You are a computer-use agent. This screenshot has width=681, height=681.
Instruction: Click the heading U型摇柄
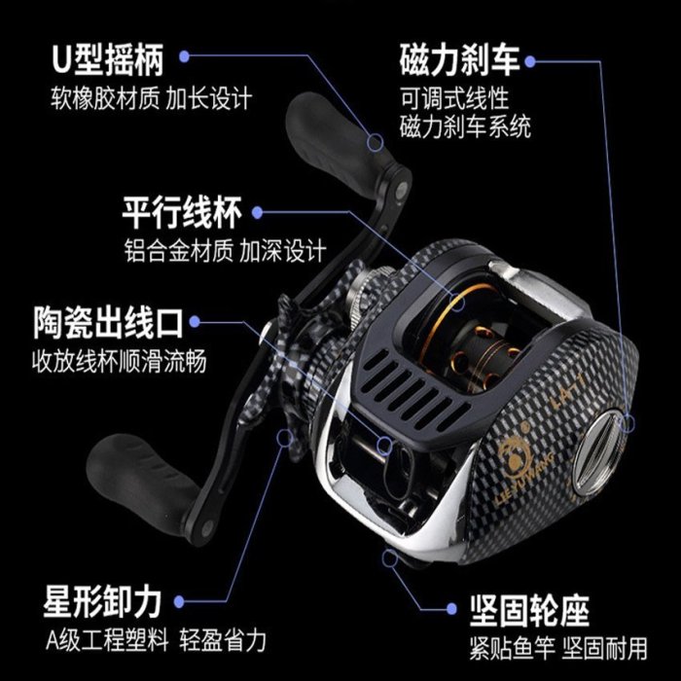pos(108,59)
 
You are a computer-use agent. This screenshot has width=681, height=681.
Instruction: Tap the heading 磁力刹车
pos(459,59)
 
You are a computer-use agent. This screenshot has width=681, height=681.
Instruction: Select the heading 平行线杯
pos(182,212)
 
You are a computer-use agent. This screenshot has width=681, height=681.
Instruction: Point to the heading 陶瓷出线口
pos(108,323)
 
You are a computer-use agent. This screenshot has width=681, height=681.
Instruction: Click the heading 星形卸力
pos(102,602)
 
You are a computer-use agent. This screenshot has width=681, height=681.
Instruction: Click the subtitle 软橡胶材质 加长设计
pos(151,98)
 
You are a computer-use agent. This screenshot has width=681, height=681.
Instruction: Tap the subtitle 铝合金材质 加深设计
pos(225,250)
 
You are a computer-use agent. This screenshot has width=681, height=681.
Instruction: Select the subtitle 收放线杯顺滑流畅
pos(119,361)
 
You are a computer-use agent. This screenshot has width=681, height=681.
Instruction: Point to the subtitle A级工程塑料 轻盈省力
pos(156,640)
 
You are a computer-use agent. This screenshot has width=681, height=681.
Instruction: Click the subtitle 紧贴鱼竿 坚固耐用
pos(558,649)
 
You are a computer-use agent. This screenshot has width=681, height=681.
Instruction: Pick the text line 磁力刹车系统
pos(465,126)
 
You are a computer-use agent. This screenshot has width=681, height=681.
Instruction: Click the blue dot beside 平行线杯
pos(258,212)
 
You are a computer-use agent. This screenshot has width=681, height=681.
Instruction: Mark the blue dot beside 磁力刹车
pos(530,61)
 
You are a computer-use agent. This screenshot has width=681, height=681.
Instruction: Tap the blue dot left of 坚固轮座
pos(451,609)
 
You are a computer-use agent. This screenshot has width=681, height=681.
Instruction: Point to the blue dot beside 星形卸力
pos(179,602)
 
